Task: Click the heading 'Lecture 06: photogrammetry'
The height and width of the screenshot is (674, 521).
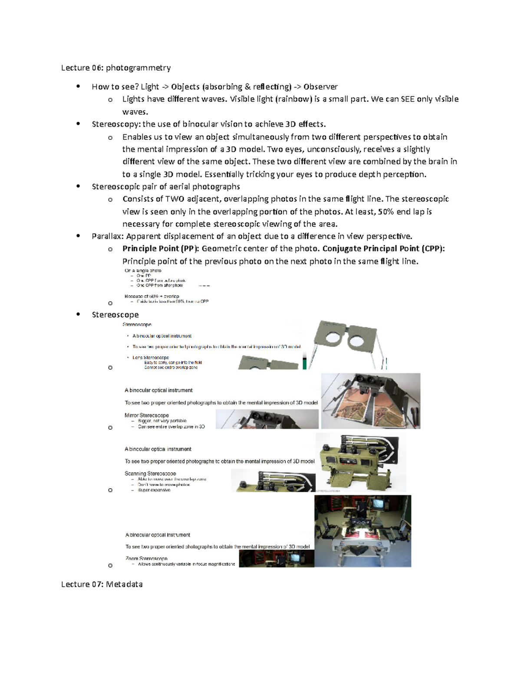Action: [x=115, y=68]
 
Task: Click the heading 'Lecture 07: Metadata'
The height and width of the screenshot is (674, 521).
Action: [x=102, y=584]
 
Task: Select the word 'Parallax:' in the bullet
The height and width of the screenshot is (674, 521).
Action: [x=108, y=237]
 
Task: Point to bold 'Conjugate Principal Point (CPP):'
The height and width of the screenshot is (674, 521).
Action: [x=383, y=249]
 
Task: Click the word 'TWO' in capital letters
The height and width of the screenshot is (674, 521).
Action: [x=175, y=199]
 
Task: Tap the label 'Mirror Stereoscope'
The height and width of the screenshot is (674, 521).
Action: [x=146, y=415]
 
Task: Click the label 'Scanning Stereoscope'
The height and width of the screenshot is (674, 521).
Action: [x=150, y=473]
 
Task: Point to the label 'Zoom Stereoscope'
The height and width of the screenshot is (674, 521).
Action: [x=146, y=559]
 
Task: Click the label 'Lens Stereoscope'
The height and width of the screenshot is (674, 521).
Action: [x=150, y=358]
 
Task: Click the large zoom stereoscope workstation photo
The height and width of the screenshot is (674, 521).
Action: [x=363, y=531]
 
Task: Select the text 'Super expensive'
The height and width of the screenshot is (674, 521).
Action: [x=154, y=490]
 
